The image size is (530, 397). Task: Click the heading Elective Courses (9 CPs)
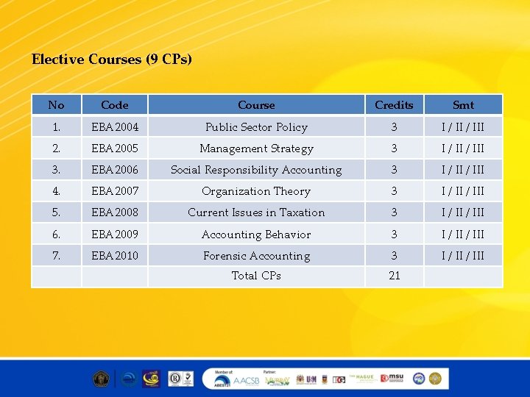click(x=112, y=59)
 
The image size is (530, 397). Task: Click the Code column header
click(x=114, y=105)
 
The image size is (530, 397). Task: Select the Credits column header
click(x=394, y=105)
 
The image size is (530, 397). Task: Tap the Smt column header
click(x=463, y=105)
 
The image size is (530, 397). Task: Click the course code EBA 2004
click(x=114, y=127)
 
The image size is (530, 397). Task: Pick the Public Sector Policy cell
click(x=256, y=127)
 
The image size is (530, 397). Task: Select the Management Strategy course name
click(x=256, y=149)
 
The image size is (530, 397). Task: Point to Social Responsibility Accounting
click(x=256, y=170)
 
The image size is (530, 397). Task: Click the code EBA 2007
click(x=114, y=191)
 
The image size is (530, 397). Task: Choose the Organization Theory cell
click(x=256, y=191)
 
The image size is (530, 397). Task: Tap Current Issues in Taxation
click(x=256, y=212)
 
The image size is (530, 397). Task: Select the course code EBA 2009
click(x=114, y=235)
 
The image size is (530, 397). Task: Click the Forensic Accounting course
click(x=256, y=256)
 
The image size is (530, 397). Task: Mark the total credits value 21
click(x=394, y=276)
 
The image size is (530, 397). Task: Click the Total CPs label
click(x=256, y=276)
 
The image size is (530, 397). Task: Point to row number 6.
click(x=56, y=235)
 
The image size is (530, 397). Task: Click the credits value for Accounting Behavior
click(x=394, y=235)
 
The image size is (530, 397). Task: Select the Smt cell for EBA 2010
click(x=463, y=256)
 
